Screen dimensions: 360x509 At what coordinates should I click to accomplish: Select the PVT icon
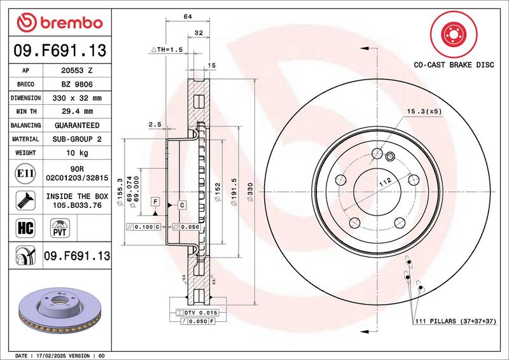[x=60, y=227]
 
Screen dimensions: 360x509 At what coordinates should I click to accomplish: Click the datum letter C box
[x=181, y=205]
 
